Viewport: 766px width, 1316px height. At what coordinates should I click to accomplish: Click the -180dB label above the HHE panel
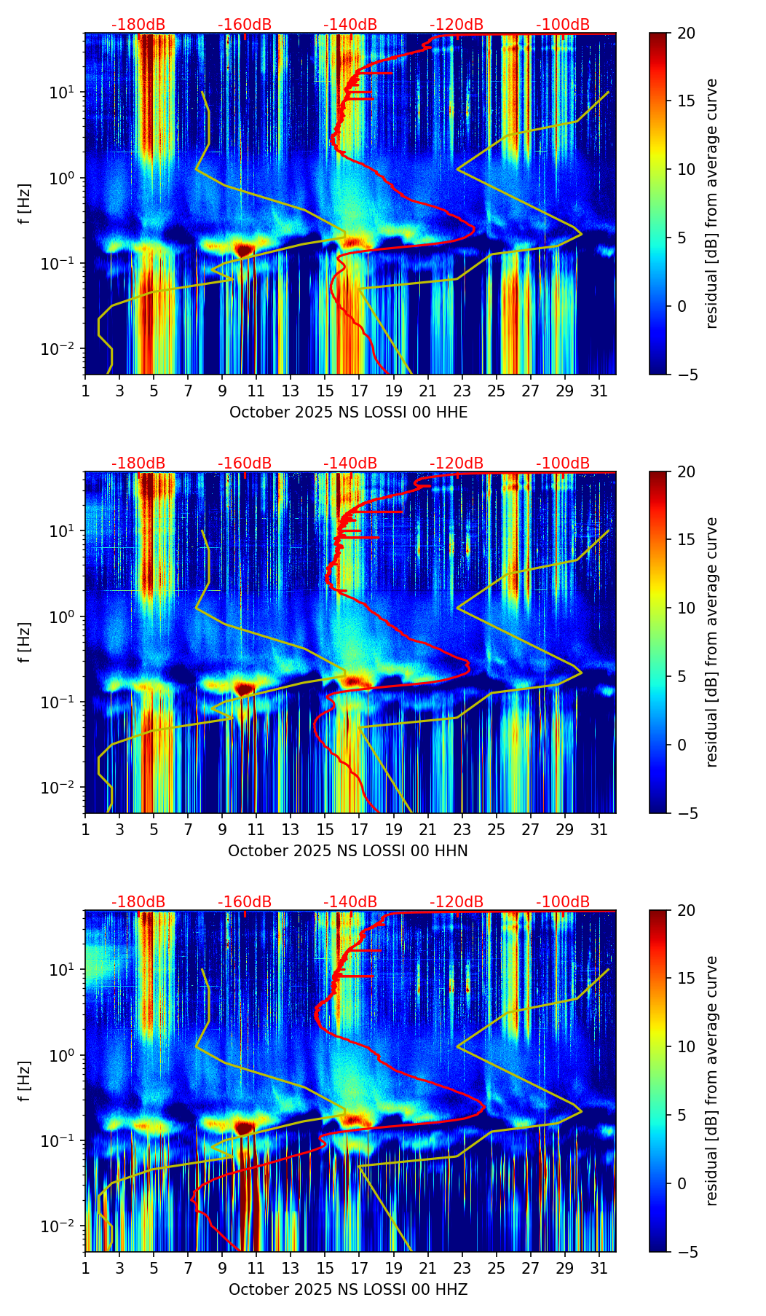tap(138, 25)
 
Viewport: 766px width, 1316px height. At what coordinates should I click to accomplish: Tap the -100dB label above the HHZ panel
tap(563, 902)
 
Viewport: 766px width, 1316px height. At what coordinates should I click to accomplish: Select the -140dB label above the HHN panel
tap(350, 463)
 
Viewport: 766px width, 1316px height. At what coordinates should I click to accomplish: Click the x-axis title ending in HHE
tap(348, 412)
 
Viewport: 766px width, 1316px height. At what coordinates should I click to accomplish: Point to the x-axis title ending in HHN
tap(348, 851)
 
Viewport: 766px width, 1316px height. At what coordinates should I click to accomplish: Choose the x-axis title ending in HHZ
tap(348, 1290)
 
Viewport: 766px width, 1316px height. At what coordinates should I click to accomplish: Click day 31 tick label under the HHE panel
tap(599, 391)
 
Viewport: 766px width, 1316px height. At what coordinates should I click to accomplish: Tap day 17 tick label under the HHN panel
tap(359, 830)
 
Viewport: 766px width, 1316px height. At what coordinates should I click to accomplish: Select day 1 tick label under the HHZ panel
tap(85, 1269)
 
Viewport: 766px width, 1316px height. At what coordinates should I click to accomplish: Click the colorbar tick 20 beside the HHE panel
tap(686, 33)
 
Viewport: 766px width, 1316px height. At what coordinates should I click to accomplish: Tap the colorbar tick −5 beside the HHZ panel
tap(686, 1252)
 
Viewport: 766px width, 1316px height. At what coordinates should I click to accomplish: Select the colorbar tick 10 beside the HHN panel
tap(686, 608)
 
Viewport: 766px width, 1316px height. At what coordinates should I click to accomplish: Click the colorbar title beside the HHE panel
tap(712, 203)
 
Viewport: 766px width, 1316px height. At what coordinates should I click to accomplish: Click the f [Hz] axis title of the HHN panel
tap(25, 642)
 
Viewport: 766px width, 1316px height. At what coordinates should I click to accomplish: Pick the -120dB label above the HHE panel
tap(457, 25)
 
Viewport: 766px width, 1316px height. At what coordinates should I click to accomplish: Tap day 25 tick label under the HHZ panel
tap(496, 1269)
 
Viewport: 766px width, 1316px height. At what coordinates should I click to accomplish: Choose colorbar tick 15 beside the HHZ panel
tap(686, 978)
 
